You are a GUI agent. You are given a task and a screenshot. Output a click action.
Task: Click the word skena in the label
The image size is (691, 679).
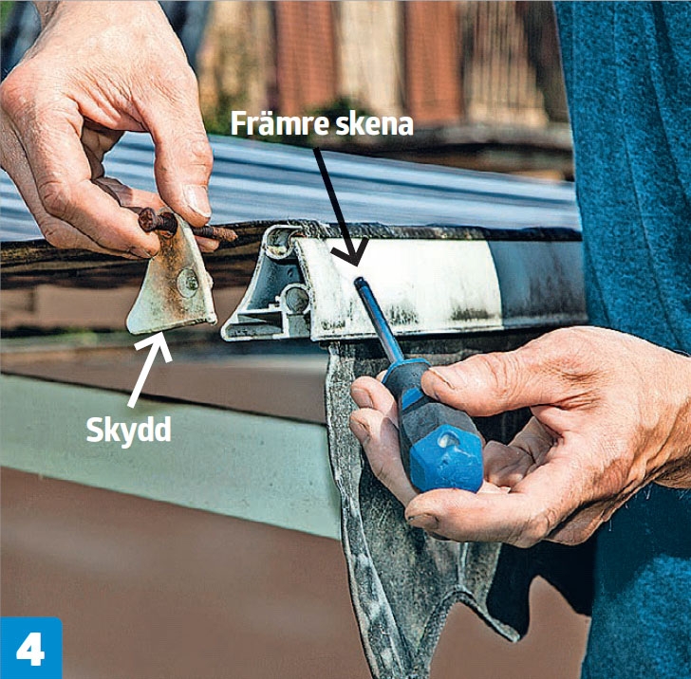tap(374, 123)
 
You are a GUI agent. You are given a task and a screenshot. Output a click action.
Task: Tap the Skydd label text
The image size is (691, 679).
tap(129, 431)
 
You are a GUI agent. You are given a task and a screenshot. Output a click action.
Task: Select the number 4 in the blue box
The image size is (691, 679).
tap(30, 649)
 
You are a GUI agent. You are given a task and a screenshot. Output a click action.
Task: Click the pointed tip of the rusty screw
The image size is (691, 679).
tap(235, 235)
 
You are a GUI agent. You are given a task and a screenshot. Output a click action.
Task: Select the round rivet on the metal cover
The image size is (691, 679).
tap(188, 283)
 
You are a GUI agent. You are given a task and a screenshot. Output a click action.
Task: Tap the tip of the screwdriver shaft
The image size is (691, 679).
tap(359, 281)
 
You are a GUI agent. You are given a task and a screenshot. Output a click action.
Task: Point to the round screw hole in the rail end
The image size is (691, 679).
tap(296, 300)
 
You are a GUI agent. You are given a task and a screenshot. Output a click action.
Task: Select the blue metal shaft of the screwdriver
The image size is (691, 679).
tap(378, 322)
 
